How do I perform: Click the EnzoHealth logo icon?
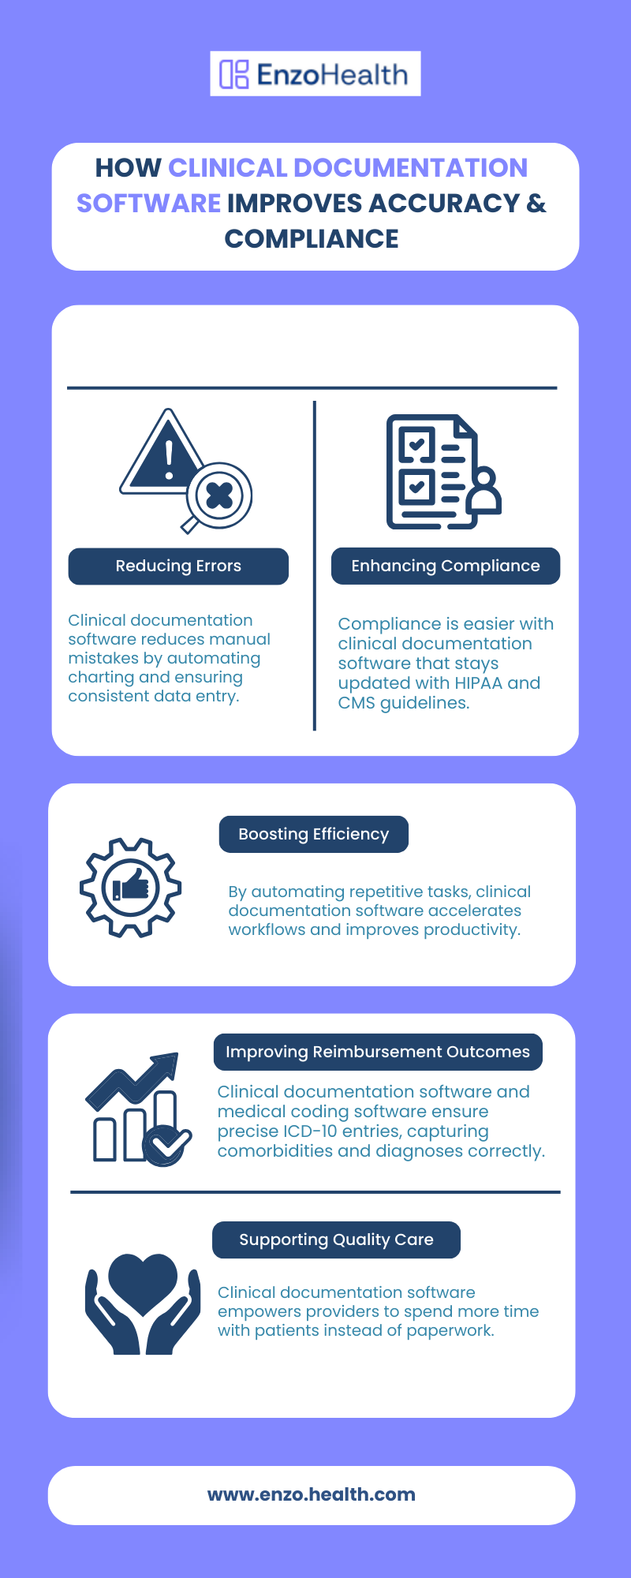click(234, 74)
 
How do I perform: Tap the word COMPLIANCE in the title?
click(312, 238)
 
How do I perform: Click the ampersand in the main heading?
click(536, 203)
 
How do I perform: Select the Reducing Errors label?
click(178, 566)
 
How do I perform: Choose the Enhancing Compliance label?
click(446, 566)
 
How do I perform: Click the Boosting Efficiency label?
click(314, 834)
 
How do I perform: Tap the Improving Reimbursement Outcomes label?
click(378, 1052)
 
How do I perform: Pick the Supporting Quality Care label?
click(336, 1240)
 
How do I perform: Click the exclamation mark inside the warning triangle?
click(169, 460)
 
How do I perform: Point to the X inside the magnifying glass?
click(219, 495)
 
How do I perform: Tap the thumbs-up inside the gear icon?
click(132, 886)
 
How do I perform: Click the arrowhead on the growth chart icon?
click(166, 1064)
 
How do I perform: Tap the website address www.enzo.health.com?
click(312, 1494)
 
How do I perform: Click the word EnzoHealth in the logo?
click(332, 74)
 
